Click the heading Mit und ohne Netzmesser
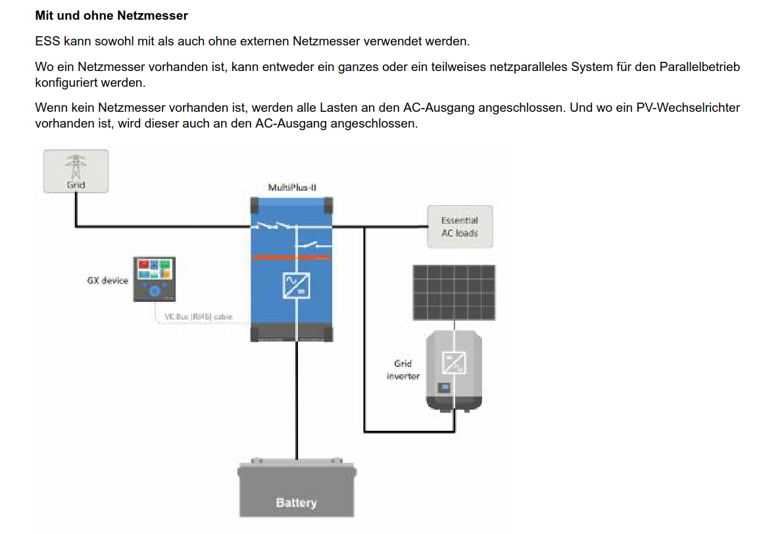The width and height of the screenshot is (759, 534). tap(111, 14)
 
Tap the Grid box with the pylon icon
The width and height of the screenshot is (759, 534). tap(76, 171)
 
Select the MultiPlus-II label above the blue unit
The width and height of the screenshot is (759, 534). tap(292, 188)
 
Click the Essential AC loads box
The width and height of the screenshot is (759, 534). tap(460, 227)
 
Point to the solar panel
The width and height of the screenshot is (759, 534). tap(454, 293)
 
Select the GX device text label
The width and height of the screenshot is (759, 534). tap(108, 281)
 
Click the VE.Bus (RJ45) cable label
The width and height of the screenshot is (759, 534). tap(198, 317)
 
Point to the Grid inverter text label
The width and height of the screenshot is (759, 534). tap(403, 370)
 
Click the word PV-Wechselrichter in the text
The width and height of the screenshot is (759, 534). tap(688, 107)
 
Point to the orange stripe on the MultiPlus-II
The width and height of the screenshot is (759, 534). tap(292, 257)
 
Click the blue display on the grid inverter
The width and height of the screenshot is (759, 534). tap(445, 386)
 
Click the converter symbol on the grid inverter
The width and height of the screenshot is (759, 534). tap(454, 362)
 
